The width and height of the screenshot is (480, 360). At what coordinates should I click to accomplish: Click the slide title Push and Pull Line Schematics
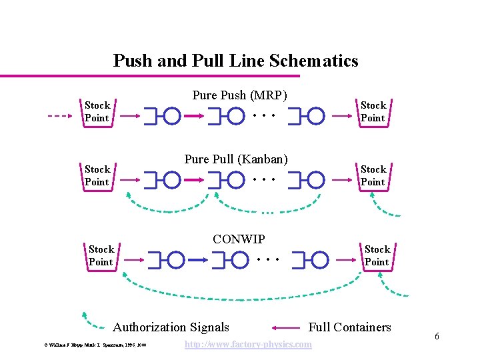pos(235,61)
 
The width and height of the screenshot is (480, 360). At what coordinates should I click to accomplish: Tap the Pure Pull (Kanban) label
pos(236,159)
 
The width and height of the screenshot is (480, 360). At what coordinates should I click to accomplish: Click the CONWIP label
pos(239,239)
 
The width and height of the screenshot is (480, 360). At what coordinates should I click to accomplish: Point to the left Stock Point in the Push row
pos(97,111)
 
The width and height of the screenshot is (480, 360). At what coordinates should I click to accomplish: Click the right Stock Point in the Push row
pos(373,111)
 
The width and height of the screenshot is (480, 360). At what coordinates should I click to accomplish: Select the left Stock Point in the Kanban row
pos(97,175)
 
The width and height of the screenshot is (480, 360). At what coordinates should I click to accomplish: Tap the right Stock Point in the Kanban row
pos(373,175)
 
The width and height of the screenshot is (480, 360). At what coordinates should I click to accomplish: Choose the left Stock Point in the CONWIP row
pos(101,255)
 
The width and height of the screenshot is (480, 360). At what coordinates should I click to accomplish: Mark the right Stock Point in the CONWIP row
pos(377,255)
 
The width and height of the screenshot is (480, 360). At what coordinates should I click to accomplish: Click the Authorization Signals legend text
pos(171,327)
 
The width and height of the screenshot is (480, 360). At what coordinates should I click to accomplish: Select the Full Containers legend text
pos(349,327)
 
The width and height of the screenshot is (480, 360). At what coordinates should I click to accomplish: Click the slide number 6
pos(437,336)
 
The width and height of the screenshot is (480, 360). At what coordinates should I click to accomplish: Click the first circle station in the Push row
pos(172,116)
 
